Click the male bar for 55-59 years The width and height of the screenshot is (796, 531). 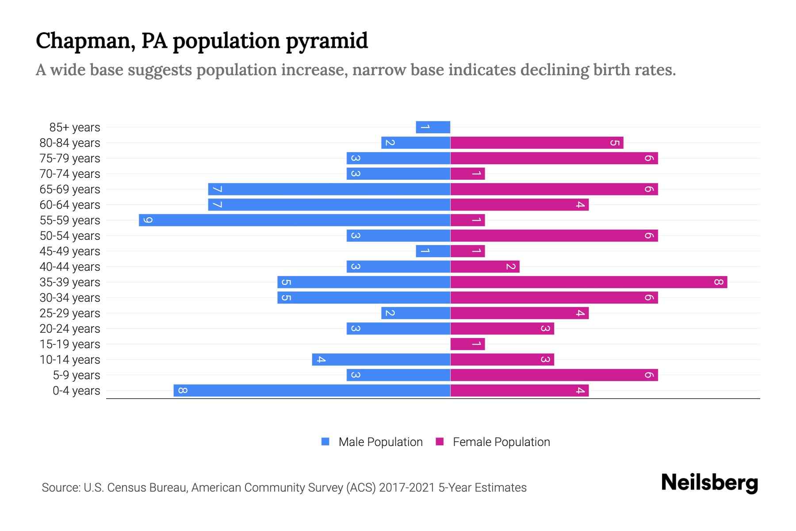295,220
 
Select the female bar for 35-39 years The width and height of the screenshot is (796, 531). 589,282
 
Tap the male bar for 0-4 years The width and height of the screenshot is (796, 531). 312,391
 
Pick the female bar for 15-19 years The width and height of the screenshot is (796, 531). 467,344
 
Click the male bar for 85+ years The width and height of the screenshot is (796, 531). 433,127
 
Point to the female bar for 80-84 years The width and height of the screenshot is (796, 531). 537,143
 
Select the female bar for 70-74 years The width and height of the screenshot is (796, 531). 467,174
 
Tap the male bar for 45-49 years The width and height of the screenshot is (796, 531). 433,251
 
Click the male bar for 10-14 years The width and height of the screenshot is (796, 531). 381,360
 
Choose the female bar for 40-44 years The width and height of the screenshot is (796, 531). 485,267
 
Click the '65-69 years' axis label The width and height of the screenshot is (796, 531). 70,189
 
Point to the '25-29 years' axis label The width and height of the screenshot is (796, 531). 70,313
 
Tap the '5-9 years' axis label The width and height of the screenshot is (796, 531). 77,375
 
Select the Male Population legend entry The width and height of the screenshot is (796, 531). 372,442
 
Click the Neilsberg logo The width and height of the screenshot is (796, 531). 709,483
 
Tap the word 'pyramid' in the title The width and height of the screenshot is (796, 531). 326,41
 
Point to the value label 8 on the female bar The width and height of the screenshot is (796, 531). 718,282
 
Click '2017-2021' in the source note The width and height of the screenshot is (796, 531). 407,488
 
